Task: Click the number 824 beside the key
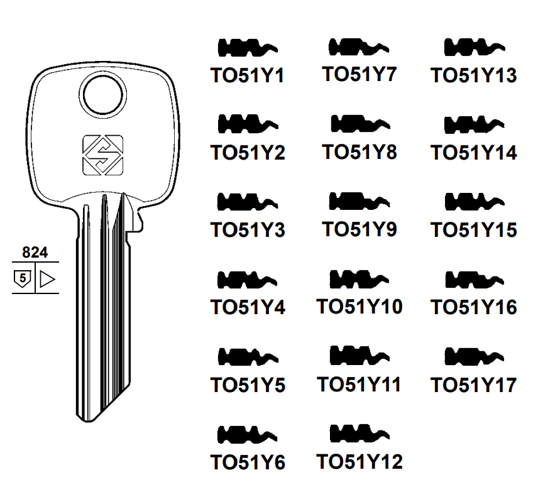(x=35, y=253)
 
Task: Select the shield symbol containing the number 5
(x=23, y=278)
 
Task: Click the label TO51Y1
(x=248, y=76)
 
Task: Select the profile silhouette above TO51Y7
(x=359, y=47)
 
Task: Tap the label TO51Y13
(x=473, y=76)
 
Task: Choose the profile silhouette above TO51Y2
(x=248, y=124)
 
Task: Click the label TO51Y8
(x=360, y=153)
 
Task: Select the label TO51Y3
(x=248, y=231)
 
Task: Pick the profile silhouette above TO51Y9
(x=359, y=202)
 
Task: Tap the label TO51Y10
(x=360, y=307)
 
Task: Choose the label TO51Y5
(x=248, y=385)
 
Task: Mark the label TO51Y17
(x=473, y=385)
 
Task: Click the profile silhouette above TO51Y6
(x=248, y=434)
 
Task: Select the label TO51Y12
(x=360, y=462)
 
